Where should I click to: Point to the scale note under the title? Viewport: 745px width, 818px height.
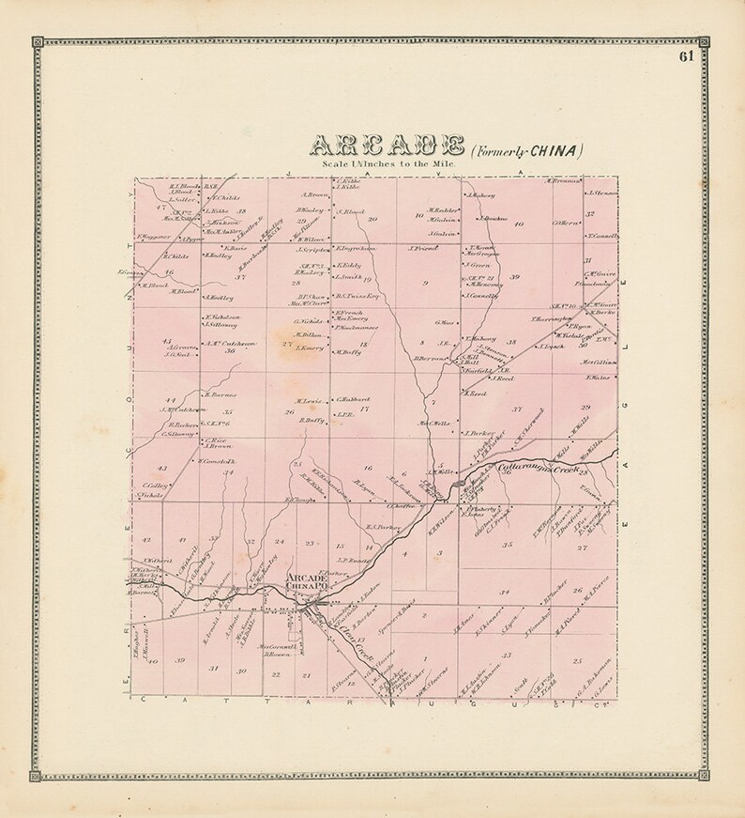tap(387, 163)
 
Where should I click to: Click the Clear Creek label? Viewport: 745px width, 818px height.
tap(351, 619)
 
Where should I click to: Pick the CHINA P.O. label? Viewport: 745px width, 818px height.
tap(307, 588)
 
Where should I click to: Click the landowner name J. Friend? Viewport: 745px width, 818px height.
tap(424, 248)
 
